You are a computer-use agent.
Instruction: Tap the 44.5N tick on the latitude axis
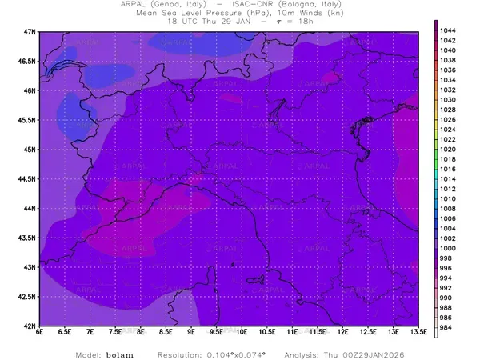[27, 179]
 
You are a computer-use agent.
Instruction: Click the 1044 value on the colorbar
[448, 30]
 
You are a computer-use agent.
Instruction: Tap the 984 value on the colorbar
[446, 328]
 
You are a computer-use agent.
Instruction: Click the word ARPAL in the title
[155, 6]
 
